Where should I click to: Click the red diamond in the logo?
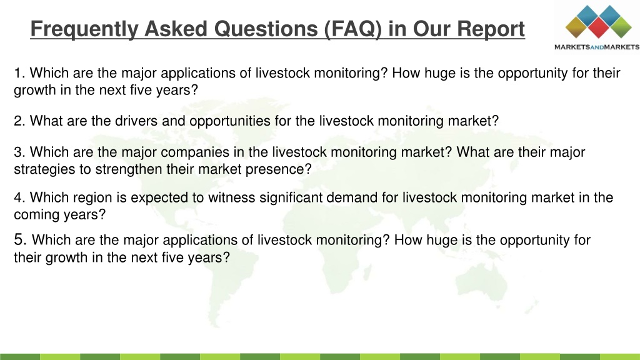pos(598,27)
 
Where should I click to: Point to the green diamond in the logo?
pos(621,27)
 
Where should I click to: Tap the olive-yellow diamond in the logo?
pos(576,27)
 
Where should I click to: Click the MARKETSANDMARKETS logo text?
pos(597,47)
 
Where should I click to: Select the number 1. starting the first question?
pos(19,73)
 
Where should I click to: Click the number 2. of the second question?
pos(19,121)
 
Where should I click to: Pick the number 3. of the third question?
pos(19,152)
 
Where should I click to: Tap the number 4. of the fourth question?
pos(19,197)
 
